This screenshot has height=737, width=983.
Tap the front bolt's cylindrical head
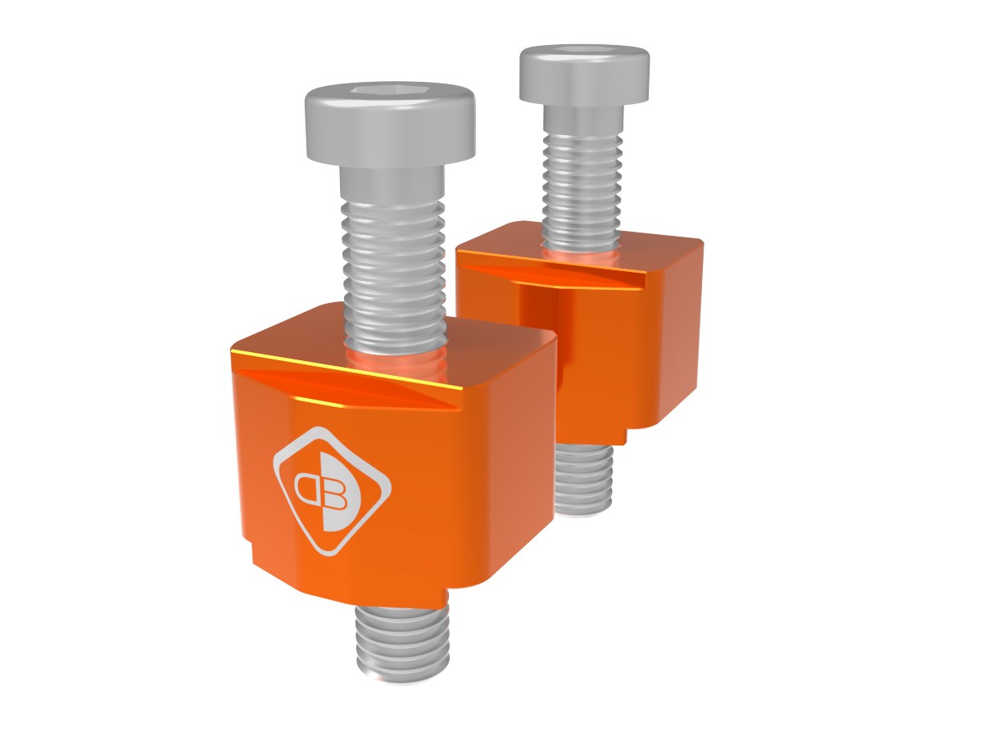(x=390, y=131)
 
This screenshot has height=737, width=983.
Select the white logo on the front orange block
(x=331, y=490)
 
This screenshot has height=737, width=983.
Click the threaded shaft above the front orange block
(x=393, y=262)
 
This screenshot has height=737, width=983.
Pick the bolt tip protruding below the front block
(x=402, y=647)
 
